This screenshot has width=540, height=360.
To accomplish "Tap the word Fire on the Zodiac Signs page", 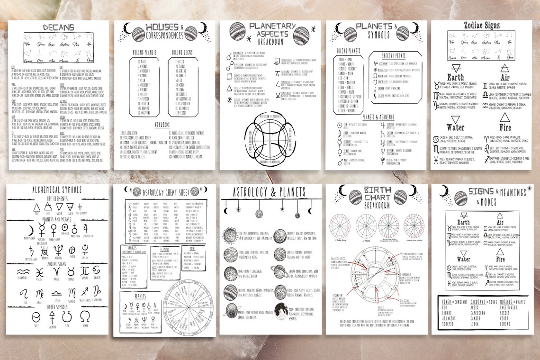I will (x=505, y=127).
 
